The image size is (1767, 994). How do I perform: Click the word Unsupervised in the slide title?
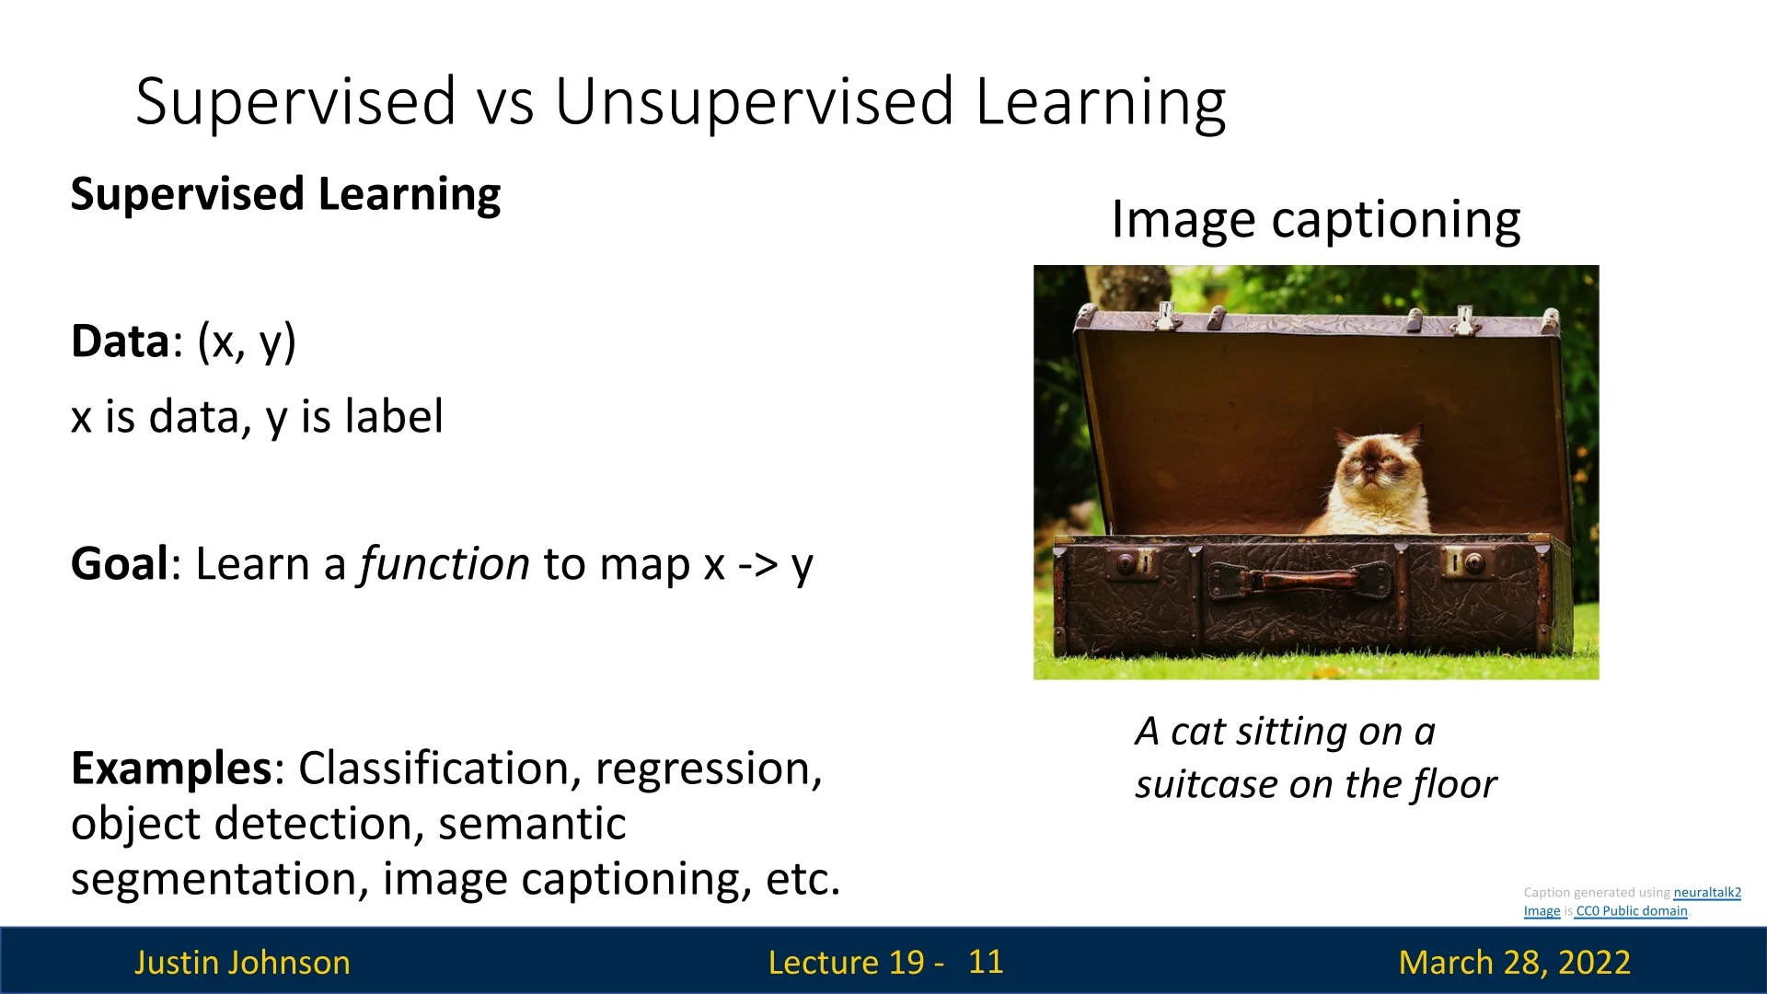pyautogui.click(x=755, y=101)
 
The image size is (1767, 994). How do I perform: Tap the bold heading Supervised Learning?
pyautogui.click(x=285, y=195)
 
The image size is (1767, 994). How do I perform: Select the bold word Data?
pyautogui.click(x=121, y=341)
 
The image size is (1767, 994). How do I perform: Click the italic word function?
pyautogui.click(x=445, y=563)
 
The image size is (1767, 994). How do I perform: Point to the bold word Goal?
pyautogui.click(x=121, y=563)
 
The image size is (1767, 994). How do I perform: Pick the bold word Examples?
pyautogui.click(x=171, y=769)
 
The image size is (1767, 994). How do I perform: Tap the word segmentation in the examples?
pyautogui.click(x=220, y=880)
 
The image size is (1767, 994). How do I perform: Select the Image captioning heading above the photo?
pyautogui.click(x=1316, y=221)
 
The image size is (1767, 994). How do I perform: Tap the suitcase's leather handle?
pyautogui.click(x=1300, y=580)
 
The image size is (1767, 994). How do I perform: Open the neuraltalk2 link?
pyautogui.click(x=1707, y=892)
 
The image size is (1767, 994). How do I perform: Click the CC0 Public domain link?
pyautogui.click(x=1631, y=911)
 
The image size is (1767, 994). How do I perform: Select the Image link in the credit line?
pyautogui.click(x=1542, y=911)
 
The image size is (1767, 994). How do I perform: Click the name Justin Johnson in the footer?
pyautogui.click(x=242, y=963)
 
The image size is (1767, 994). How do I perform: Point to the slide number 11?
pyautogui.click(x=986, y=962)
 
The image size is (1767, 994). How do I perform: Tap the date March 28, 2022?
pyautogui.click(x=1515, y=963)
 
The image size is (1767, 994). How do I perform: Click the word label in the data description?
pyautogui.click(x=394, y=416)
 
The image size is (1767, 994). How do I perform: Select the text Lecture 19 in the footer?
pyautogui.click(x=847, y=963)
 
